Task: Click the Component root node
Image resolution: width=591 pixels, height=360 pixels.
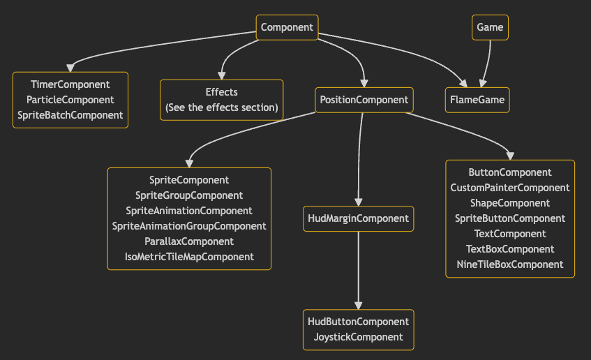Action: (x=287, y=27)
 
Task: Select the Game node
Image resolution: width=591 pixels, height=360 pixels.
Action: (x=490, y=27)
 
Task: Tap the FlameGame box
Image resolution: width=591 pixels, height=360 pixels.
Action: (x=477, y=100)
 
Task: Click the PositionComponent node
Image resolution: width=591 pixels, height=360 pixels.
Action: (x=364, y=100)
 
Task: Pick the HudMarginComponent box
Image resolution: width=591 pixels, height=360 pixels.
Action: (x=359, y=218)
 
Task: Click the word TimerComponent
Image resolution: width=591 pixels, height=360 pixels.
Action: (x=70, y=84)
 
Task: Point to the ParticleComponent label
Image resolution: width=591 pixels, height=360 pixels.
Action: (x=70, y=100)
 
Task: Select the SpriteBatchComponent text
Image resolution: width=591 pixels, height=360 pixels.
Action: (x=70, y=115)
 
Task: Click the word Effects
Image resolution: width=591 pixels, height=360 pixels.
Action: (x=222, y=92)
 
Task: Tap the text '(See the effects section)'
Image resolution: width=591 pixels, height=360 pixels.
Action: (x=222, y=107)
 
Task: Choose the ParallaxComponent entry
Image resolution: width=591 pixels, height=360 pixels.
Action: (x=189, y=241)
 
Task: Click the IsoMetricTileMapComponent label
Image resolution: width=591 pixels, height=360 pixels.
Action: (x=189, y=257)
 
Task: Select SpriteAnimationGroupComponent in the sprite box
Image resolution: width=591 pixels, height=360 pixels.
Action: (x=189, y=226)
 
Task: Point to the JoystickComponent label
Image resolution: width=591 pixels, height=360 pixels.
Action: (x=359, y=337)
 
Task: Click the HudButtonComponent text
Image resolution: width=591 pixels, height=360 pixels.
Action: (x=359, y=322)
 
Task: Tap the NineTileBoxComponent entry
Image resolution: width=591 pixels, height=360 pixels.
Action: (x=510, y=264)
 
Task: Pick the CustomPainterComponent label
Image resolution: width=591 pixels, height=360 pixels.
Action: (x=510, y=188)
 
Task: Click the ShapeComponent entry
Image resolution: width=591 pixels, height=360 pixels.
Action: (x=510, y=203)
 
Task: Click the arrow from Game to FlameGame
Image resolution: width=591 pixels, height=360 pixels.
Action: (x=487, y=64)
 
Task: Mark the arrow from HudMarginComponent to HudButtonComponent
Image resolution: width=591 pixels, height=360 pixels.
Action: (x=359, y=270)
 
